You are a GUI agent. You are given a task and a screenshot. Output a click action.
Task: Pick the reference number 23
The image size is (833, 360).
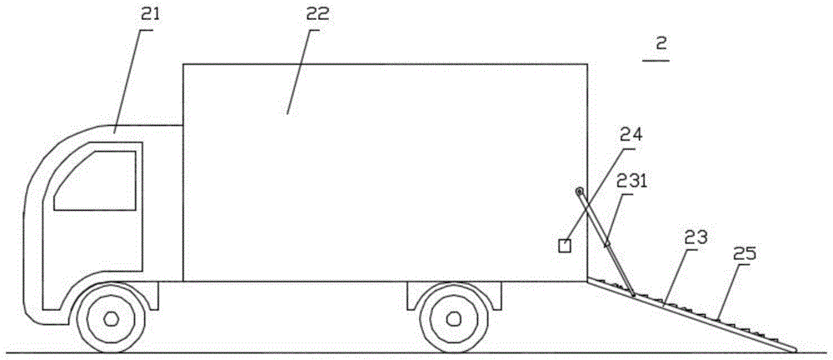[x=696, y=237]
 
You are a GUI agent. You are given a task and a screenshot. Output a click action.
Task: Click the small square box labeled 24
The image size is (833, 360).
[x=565, y=245]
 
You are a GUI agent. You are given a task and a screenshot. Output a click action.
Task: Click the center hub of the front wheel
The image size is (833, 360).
[x=110, y=318]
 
